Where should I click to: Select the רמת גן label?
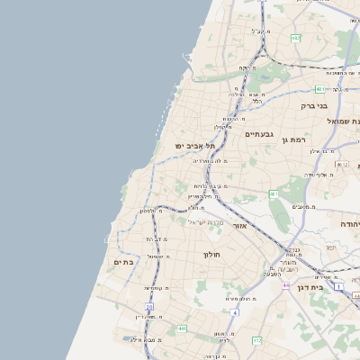[x=293, y=139]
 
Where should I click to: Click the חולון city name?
[x=211, y=254]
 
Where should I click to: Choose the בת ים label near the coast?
[x=123, y=262]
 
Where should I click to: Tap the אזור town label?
[x=239, y=225]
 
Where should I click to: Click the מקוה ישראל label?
[x=203, y=222]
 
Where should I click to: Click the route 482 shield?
[x=296, y=38]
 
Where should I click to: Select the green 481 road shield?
[x=321, y=89]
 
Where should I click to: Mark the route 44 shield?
[x=284, y=285]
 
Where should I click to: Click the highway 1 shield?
[x=338, y=285]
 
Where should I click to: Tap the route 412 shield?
[x=257, y=340]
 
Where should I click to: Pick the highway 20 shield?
[x=149, y=308]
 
